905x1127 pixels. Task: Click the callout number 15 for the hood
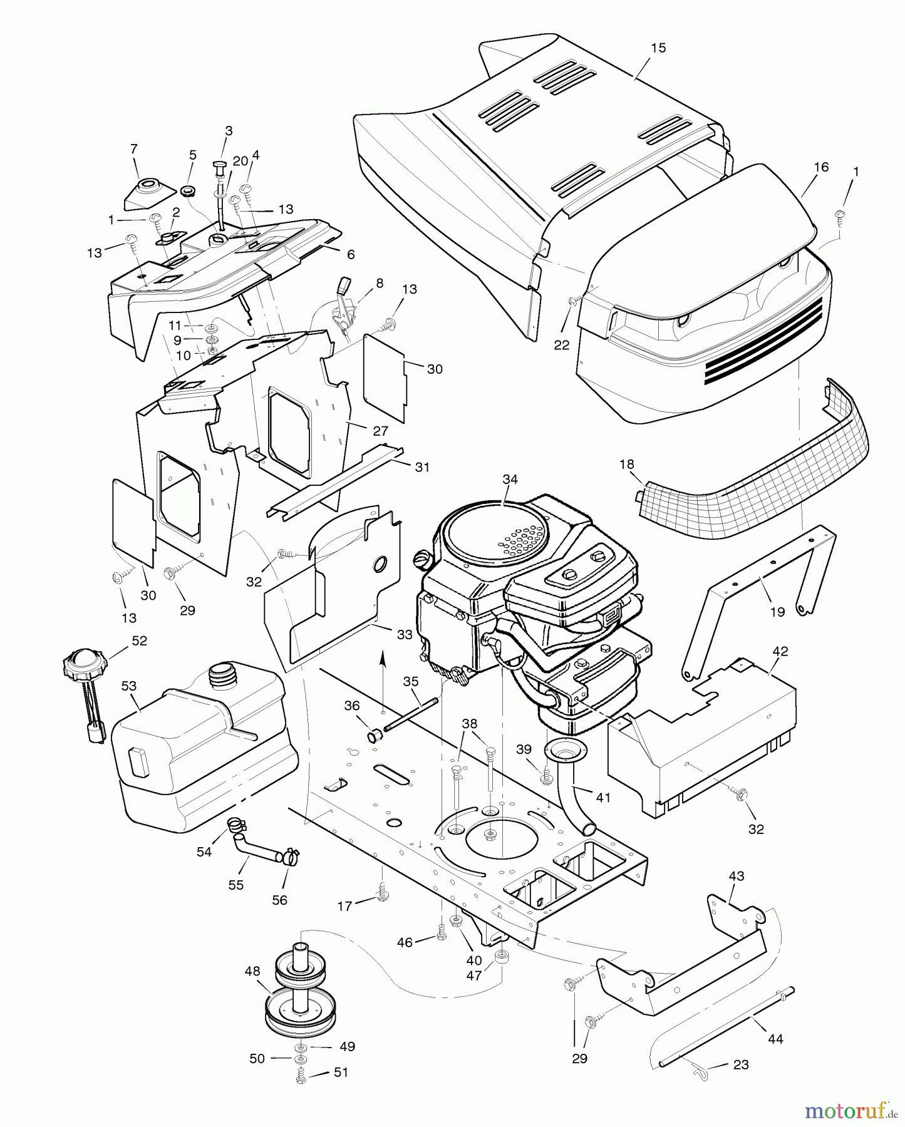click(658, 48)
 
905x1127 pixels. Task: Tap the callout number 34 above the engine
click(510, 479)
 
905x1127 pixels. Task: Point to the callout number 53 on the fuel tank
click(129, 686)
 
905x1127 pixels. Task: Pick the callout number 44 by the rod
click(775, 1039)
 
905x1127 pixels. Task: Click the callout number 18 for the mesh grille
click(626, 464)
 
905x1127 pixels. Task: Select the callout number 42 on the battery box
click(780, 651)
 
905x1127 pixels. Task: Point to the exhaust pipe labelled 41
click(573, 789)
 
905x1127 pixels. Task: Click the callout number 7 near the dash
click(133, 148)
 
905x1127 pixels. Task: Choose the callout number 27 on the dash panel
click(380, 431)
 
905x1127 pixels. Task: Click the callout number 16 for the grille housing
click(820, 167)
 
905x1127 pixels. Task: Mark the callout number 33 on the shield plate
click(405, 634)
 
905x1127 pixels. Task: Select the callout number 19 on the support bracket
click(777, 612)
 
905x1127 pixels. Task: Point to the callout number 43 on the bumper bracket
click(737, 876)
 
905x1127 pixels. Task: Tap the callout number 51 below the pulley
click(340, 1072)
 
